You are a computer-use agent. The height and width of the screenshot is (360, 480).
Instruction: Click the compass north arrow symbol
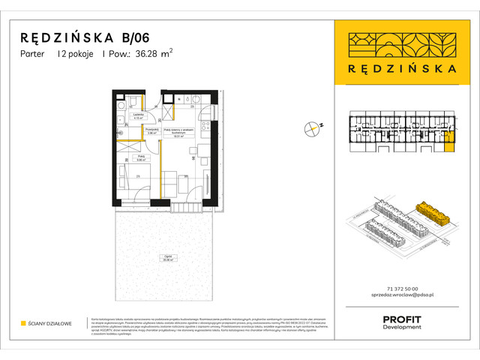pyautogui.click(x=311, y=129)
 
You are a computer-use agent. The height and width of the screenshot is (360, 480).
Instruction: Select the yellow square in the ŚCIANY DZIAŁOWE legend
pyautogui.click(x=23, y=323)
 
